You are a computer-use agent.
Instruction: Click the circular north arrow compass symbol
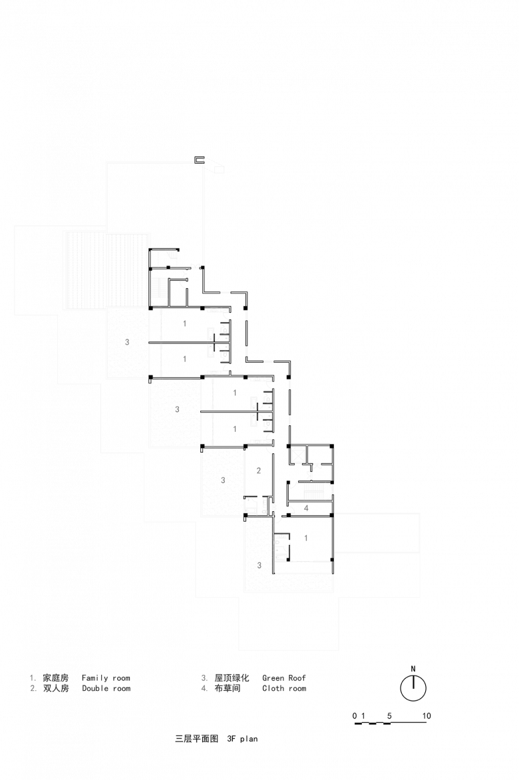point(413,687)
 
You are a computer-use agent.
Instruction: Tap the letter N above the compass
point(413,669)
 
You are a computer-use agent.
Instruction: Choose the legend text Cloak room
point(284,689)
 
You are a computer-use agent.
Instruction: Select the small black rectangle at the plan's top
point(200,160)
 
